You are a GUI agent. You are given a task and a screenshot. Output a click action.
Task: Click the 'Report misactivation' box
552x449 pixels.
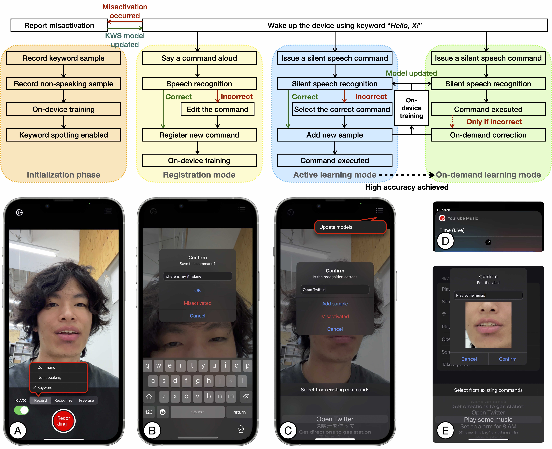click(x=59, y=25)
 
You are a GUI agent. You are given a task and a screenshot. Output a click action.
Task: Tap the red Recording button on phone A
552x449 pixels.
click(x=63, y=421)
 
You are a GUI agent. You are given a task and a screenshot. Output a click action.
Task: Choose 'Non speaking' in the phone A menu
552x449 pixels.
click(x=49, y=377)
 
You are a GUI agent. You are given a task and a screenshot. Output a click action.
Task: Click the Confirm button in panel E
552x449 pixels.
click(x=507, y=359)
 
